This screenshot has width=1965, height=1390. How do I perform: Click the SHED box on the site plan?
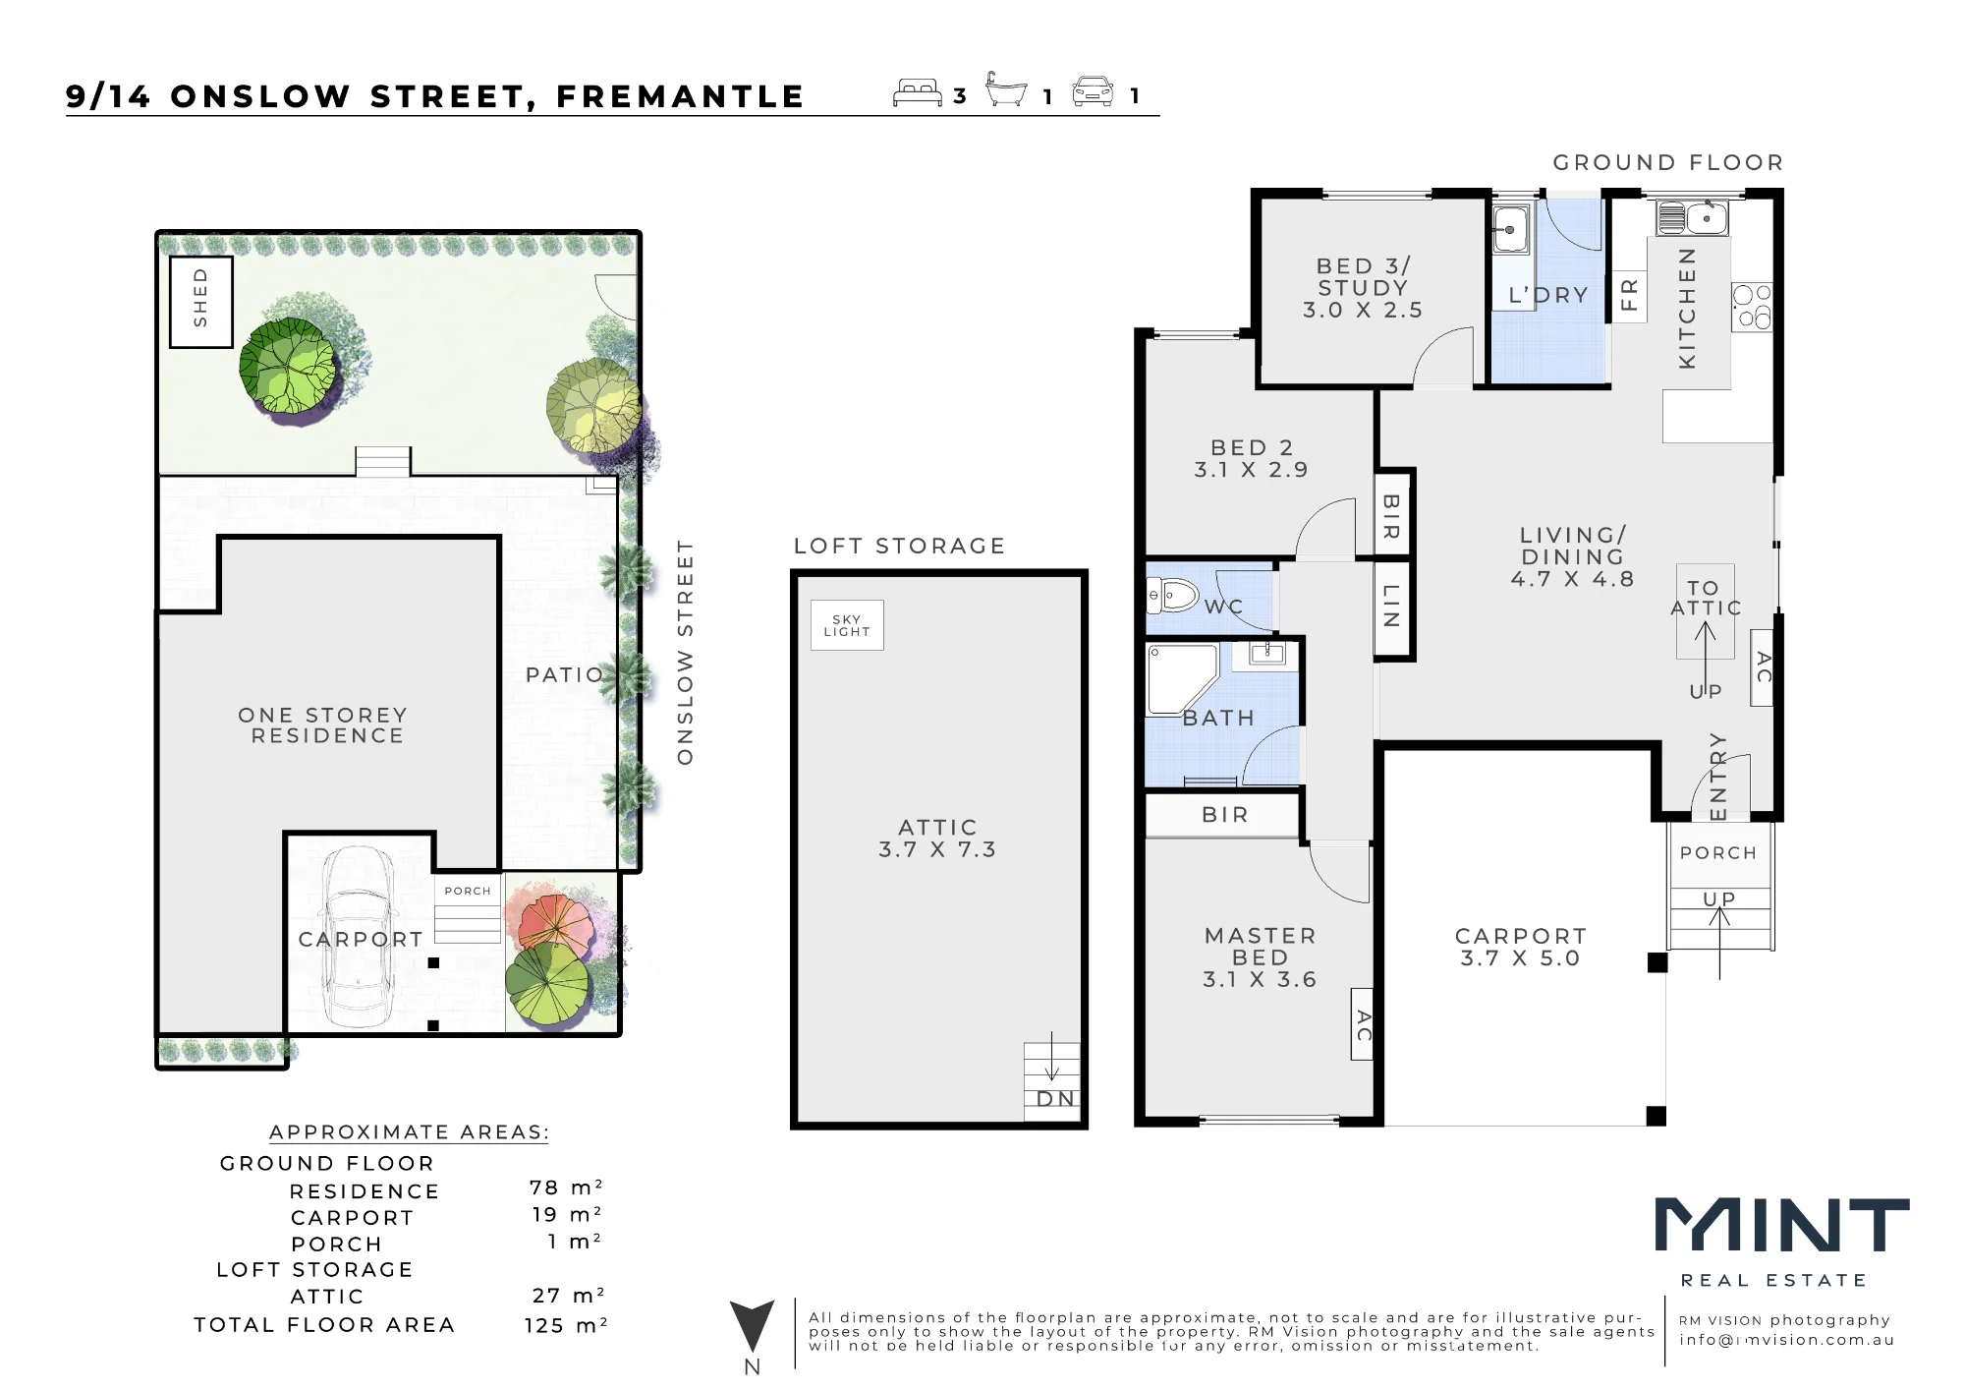(201, 302)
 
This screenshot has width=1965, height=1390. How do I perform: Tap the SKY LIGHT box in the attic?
(847, 625)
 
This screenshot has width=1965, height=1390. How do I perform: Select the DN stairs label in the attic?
(1055, 1099)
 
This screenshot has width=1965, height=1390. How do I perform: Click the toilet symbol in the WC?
(1173, 595)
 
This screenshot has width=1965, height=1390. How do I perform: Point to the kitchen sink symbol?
(1692, 217)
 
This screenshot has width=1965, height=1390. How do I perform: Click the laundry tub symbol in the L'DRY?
(1511, 230)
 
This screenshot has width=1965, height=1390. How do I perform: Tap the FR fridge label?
(1629, 295)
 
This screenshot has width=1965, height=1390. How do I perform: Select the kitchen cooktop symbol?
(1752, 306)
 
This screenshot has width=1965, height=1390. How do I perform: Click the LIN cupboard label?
(1392, 606)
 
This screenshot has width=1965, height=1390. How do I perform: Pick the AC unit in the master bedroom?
(1363, 1024)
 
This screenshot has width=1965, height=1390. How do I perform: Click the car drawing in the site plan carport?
(360, 937)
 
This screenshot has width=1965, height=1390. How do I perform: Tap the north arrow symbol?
(752, 1326)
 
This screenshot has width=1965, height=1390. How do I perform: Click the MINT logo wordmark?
(1782, 1225)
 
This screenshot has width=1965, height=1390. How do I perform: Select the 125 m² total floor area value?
(566, 1325)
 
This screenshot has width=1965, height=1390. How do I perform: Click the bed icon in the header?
(918, 91)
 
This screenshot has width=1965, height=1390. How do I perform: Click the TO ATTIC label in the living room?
(1706, 599)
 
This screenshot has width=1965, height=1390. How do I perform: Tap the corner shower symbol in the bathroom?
(1182, 678)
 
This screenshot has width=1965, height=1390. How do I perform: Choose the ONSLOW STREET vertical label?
(686, 652)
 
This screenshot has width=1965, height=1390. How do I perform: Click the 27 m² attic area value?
(569, 1296)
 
